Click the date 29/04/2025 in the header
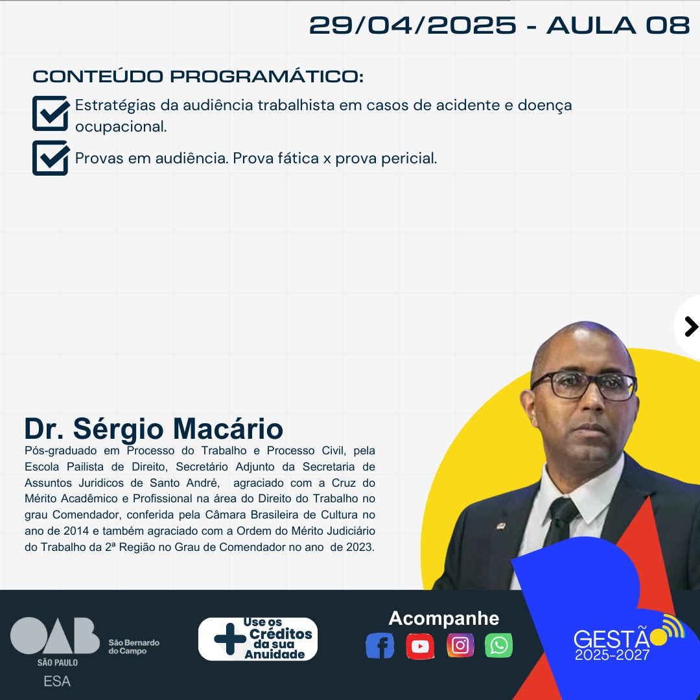412,25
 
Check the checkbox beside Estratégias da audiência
51,113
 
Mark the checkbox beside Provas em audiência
51,158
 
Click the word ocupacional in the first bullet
121,127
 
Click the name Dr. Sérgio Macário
154,428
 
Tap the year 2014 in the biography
76,531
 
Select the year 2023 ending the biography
360,547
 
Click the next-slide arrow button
690,327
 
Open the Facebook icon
380,646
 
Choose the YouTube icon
420,646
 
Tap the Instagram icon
460,645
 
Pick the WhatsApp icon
498,645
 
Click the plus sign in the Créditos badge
230,639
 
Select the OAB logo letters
55,635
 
